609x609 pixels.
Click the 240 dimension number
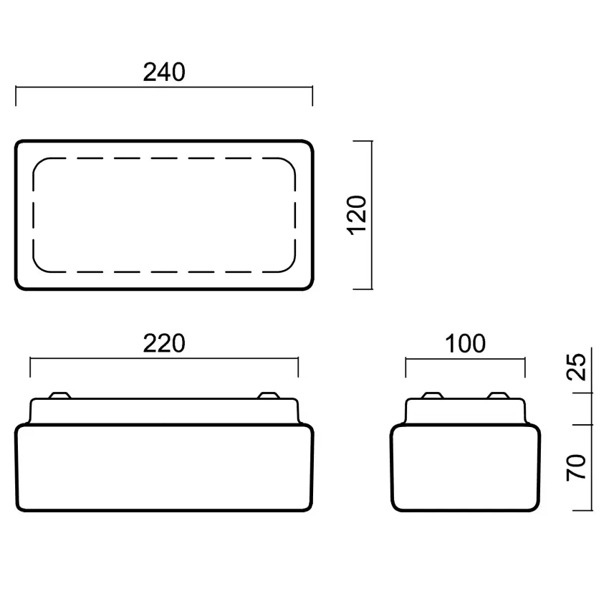pyautogui.click(x=164, y=72)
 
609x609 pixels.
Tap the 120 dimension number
pyautogui.click(x=357, y=215)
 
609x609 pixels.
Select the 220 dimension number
pyautogui.click(x=164, y=343)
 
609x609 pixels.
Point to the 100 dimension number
pyautogui.click(x=465, y=343)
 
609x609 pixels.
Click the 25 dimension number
pyautogui.click(x=576, y=366)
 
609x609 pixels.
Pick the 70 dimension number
pyautogui.click(x=576, y=467)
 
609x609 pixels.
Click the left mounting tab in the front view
pyautogui.click(x=59, y=395)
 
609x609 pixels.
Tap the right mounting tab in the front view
pyautogui.click(x=269, y=395)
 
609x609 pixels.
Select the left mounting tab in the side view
pyautogui.click(x=432, y=395)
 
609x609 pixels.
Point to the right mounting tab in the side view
pyautogui.click(x=499, y=395)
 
